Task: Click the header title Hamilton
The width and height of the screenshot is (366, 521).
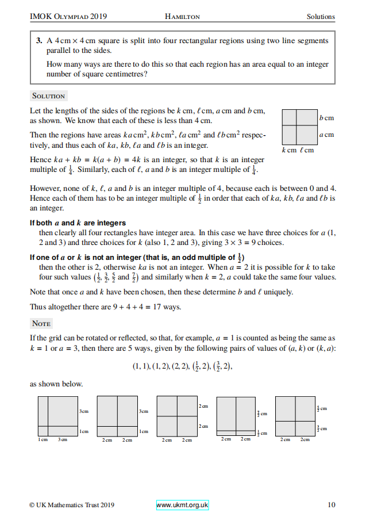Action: [x=182, y=17]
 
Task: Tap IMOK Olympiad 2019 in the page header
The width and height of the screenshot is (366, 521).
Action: [x=68, y=17]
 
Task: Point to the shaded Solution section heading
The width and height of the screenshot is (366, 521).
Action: [x=49, y=96]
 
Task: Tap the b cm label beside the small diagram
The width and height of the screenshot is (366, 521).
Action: [x=326, y=118]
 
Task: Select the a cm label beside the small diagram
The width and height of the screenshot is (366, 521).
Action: [x=326, y=135]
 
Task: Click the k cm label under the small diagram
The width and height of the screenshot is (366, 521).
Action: [x=289, y=151]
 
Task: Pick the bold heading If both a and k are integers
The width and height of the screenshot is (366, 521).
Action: [x=78, y=223]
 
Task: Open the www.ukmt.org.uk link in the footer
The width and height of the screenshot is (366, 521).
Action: [x=182, y=505]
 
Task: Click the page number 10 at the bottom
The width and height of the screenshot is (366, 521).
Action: [x=332, y=505]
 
